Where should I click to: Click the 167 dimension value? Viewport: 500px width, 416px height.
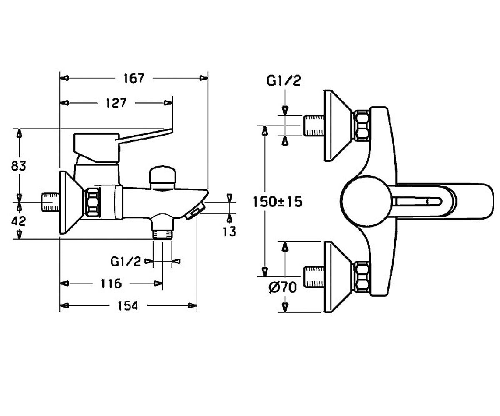[134, 78]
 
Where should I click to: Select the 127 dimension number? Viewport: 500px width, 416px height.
[116, 103]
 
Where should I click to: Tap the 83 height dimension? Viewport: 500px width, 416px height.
[18, 166]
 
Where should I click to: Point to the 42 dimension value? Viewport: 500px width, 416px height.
[18, 221]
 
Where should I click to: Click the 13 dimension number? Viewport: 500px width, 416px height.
[230, 231]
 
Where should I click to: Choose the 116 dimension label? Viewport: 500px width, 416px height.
[111, 284]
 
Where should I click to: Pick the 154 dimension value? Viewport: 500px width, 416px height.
[128, 305]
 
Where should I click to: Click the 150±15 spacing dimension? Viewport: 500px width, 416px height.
[277, 201]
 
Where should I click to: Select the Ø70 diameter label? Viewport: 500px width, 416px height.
[282, 287]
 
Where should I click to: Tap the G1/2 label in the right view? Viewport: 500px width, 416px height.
[283, 81]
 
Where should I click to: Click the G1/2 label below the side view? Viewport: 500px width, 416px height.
[126, 261]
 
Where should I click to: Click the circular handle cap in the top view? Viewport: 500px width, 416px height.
[367, 201]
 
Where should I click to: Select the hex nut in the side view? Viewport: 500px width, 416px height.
[92, 203]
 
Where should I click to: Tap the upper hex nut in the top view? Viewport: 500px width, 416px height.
[362, 126]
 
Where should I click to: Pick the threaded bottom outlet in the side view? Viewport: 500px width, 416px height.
[162, 234]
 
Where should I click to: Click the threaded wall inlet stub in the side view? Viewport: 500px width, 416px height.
[50, 202]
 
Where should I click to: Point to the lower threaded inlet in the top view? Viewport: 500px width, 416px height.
[314, 277]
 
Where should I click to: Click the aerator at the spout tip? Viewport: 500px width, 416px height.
[195, 211]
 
